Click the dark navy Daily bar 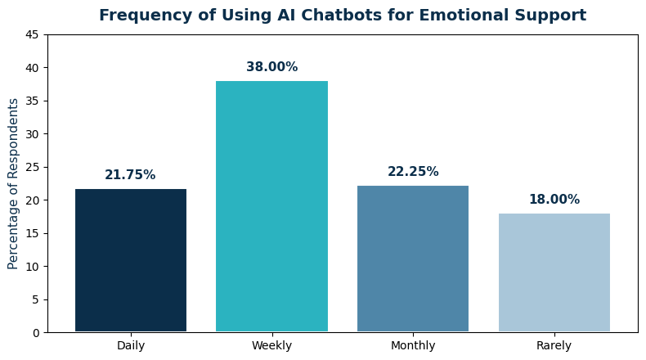(x=131, y=260)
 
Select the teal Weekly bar (x=271, y=206)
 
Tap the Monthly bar (x=413, y=259)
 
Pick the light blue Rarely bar (x=554, y=272)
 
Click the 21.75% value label (x=130, y=175)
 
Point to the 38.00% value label (x=271, y=67)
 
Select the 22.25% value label (x=413, y=172)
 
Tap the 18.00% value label (x=554, y=200)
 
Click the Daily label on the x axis (x=131, y=346)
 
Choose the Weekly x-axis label (x=271, y=346)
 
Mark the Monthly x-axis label (x=413, y=346)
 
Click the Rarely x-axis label (x=554, y=346)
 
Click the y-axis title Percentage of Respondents (x=14, y=183)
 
